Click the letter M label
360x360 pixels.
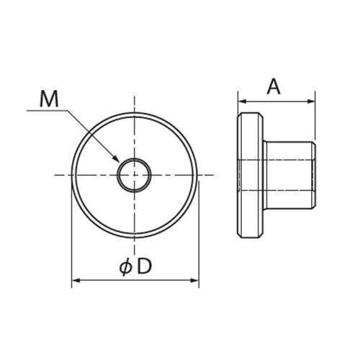pos(48,99)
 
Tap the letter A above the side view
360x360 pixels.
pos(274,87)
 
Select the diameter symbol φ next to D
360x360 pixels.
pos(125,267)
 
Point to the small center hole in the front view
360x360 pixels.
pos(135,175)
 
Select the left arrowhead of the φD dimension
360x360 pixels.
pos(75,281)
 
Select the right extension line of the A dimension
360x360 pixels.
pos(315,115)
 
